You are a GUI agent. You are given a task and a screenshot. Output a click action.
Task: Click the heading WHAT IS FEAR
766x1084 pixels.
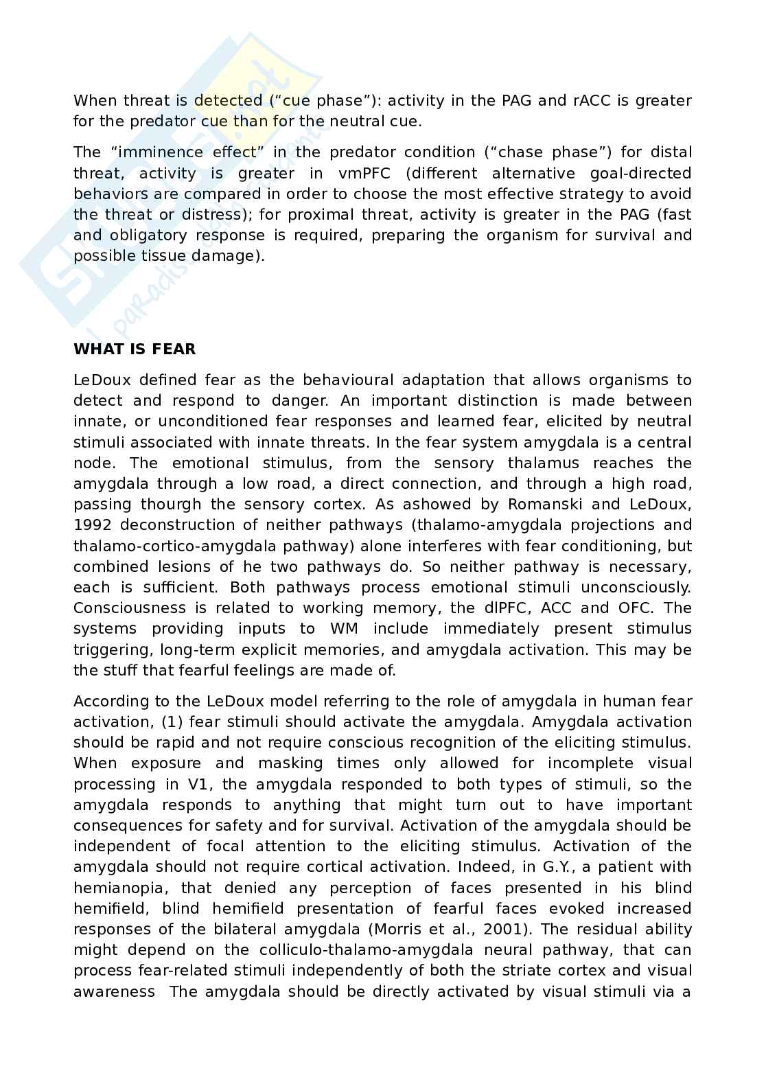tap(135, 349)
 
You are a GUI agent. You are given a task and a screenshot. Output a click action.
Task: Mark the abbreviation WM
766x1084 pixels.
tap(343, 629)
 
